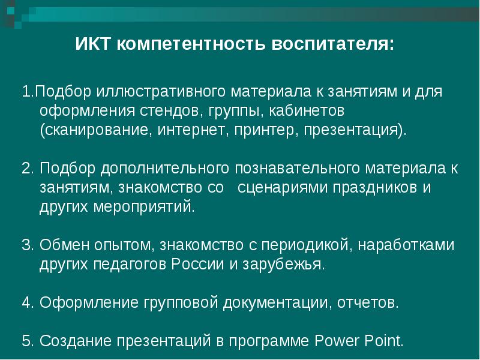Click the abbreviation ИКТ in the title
click(92, 44)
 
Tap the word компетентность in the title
click(191, 44)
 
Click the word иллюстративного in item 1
click(161, 92)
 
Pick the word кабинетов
click(307, 110)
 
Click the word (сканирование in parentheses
click(96, 130)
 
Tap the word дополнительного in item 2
click(164, 169)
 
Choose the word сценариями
click(283, 188)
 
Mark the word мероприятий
click(144, 207)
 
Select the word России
click(197, 265)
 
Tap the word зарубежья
click(283, 265)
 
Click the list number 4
click(27, 303)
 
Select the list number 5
click(27, 341)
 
